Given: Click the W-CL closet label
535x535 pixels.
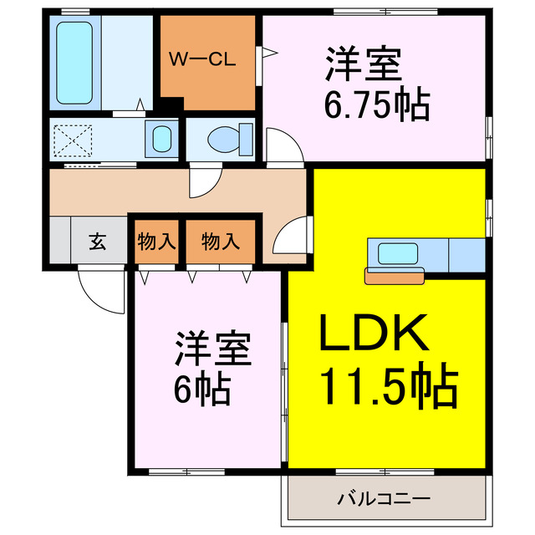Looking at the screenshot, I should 205,59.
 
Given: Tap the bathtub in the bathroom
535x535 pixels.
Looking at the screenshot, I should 76,64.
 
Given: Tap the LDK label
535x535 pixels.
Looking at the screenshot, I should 374,335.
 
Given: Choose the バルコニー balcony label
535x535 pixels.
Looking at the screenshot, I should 385,499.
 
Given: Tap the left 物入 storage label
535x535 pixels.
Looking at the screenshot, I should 155,242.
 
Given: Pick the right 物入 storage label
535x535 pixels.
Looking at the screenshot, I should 221,242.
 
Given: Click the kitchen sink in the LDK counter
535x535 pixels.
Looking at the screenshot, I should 395,252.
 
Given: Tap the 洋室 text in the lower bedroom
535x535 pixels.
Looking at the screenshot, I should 214,349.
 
